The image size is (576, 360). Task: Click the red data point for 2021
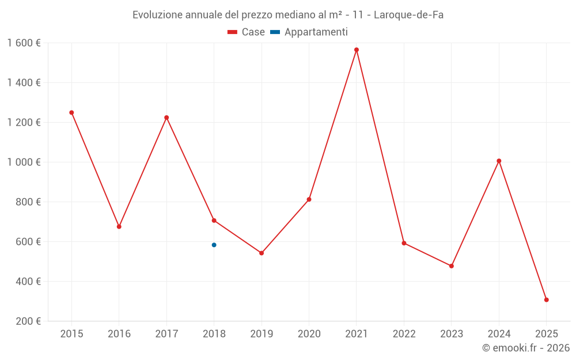point(357,50)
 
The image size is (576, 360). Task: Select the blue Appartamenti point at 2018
point(214,245)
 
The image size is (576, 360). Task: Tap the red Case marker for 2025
point(547,300)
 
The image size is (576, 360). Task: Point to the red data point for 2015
point(71,113)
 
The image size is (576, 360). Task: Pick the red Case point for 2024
point(499,161)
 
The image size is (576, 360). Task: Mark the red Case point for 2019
point(262,253)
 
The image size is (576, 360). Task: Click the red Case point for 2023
point(452,266)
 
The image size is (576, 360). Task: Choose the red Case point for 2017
point(166,118)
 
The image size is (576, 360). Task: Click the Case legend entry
point(246,32)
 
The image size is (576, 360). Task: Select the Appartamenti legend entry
point(309,32)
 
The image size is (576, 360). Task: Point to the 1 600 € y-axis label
point(24,43)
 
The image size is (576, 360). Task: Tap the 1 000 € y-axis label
point(24,162)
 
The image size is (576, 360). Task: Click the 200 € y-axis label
point(28,321)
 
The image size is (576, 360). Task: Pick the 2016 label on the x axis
point(119,334)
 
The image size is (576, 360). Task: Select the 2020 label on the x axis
point(309,334)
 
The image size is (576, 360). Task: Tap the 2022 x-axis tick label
point(404,334)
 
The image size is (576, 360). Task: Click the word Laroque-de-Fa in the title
point(408,15)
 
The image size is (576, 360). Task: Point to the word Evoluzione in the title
point(158,15)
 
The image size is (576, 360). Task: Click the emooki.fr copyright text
point(526,347)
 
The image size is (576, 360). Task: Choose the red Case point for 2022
point(404,243)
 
